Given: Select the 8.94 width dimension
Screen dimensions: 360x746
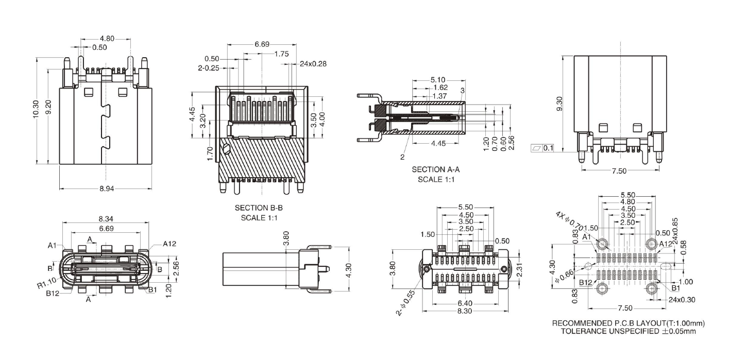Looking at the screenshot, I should [x=107, y=188].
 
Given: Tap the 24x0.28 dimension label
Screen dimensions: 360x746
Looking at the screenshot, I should [x=313, y=64].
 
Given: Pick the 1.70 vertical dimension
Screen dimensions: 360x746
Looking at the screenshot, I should [x=210, y=153].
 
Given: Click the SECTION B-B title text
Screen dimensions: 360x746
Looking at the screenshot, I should [x=259, y=209].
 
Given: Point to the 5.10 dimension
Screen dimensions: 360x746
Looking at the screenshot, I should [x=438, y=80].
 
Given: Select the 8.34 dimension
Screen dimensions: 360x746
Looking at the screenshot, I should [x=106, y=219].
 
